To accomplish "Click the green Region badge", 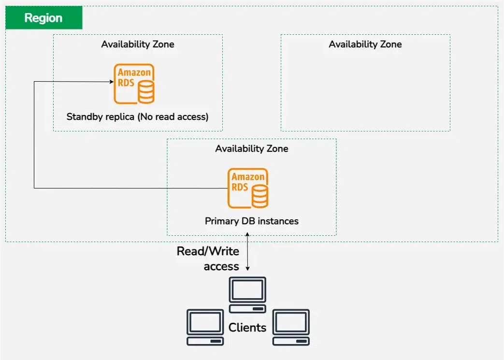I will (43, 18).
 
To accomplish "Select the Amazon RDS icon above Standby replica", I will (134, 84).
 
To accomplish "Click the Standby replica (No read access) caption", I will (137, 116).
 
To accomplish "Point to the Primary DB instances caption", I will (251, 221).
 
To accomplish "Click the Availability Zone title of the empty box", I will (365, 44).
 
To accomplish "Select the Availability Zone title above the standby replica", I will (137, 44).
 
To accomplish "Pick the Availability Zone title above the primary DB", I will (251, 149).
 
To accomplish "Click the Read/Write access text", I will (208, 259).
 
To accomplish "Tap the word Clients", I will (247, 328).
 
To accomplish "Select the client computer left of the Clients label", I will (205, 327).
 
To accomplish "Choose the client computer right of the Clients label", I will (291, 327).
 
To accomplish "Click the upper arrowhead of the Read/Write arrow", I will (248, 235).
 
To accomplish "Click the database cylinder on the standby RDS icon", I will (146, 92).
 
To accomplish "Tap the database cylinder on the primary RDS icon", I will (260, 196).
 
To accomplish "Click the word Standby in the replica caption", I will (83, 116).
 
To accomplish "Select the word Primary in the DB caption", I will (220, 221).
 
